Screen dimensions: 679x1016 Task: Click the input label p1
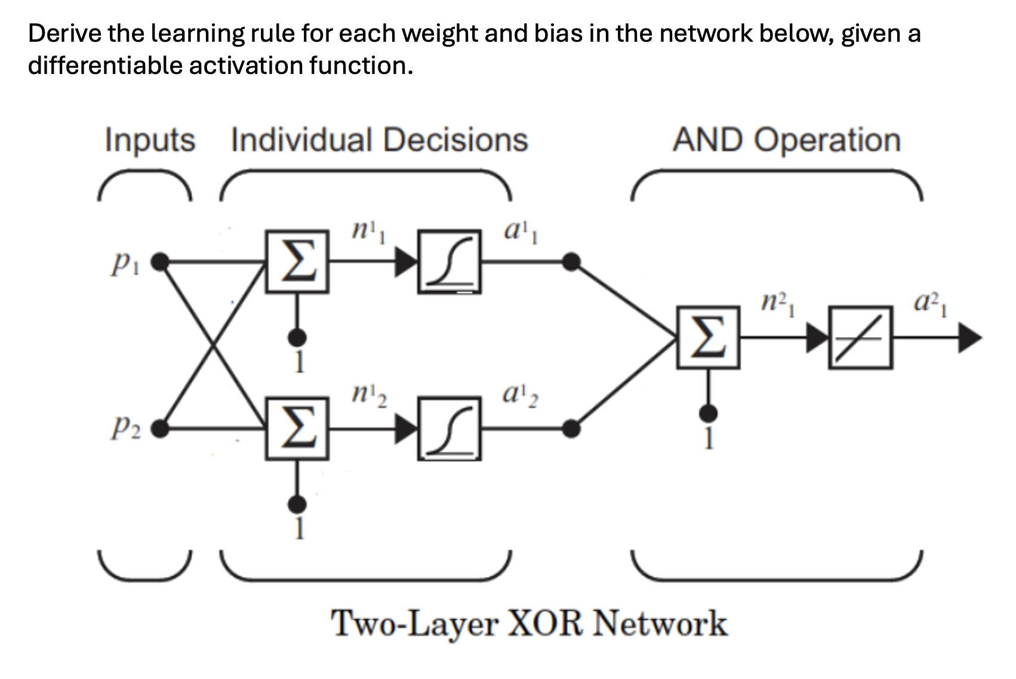point(125,263)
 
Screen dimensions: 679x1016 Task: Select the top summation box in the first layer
point(297,261)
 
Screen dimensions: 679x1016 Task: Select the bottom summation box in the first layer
point(297,428)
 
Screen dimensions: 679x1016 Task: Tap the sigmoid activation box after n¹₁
point(449,261)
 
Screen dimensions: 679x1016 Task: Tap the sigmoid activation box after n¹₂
point(449,428)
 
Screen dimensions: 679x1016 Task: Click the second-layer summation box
point(708,337)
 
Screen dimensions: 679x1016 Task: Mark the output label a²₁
point(930,304)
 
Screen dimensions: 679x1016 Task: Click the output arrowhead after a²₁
point(969,338)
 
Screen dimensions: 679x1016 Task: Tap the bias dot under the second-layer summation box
point(708,413)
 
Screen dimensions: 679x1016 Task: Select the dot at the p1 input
point(159,261)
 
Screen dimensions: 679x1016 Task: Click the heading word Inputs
point(150,141)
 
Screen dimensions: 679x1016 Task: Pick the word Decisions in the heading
point(455,140)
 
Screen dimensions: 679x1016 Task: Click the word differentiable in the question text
point(105,65)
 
